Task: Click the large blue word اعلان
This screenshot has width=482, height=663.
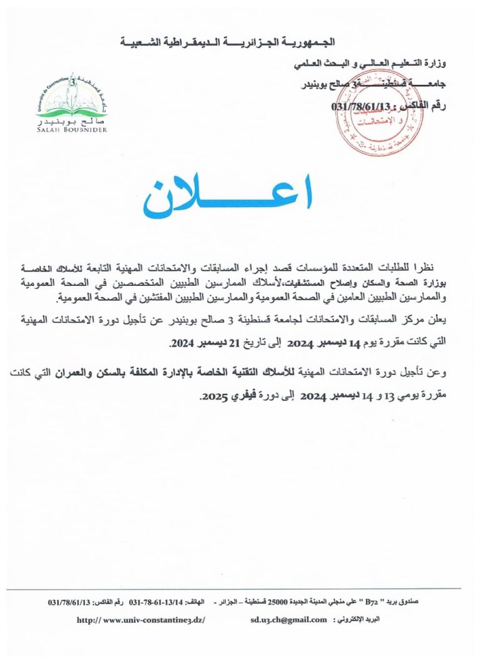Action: (228, 197)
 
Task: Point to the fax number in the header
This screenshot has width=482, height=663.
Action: (366, 106)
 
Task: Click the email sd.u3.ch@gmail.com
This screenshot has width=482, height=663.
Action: (288, 619)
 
